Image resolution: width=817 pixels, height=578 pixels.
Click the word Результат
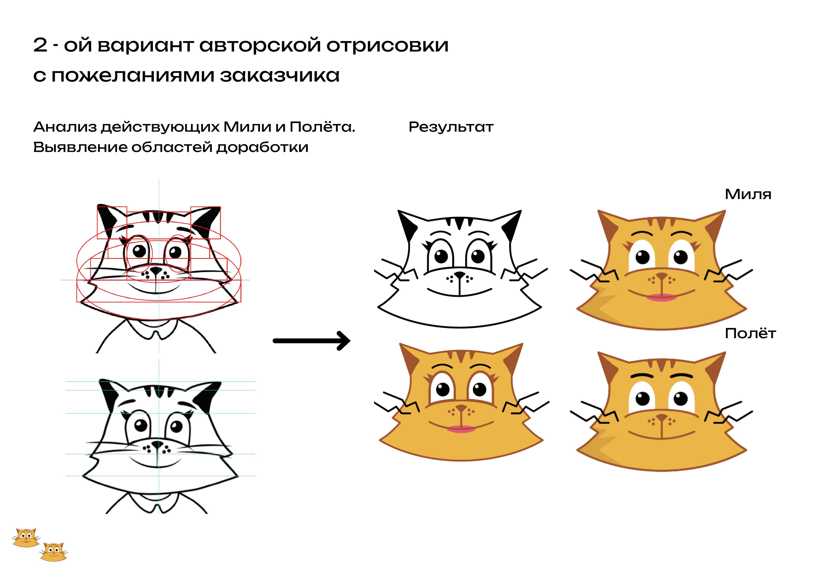[451, 127]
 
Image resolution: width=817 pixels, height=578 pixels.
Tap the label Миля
[748, 195]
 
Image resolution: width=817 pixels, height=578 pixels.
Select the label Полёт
[750, 334]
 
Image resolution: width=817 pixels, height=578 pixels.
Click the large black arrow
[311, 341]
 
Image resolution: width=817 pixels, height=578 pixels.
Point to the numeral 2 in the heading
[40, 45]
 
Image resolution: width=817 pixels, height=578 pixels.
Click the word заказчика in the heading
[280, 75]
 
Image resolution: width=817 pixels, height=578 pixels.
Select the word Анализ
[65, 127]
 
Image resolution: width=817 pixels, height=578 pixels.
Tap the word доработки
[262, 147]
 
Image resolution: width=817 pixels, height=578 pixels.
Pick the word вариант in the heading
[145, 46]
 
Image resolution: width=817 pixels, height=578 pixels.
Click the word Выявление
[80, 147]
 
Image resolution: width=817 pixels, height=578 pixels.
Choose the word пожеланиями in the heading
[133, 75]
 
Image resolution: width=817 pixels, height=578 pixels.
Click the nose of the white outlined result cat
[460, 275]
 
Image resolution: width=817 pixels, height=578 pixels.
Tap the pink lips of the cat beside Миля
[661, 297]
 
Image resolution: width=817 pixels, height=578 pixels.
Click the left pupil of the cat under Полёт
[643, 398]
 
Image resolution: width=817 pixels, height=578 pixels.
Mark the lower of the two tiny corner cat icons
[53, 552]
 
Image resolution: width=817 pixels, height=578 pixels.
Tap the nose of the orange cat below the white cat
[462, 408]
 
